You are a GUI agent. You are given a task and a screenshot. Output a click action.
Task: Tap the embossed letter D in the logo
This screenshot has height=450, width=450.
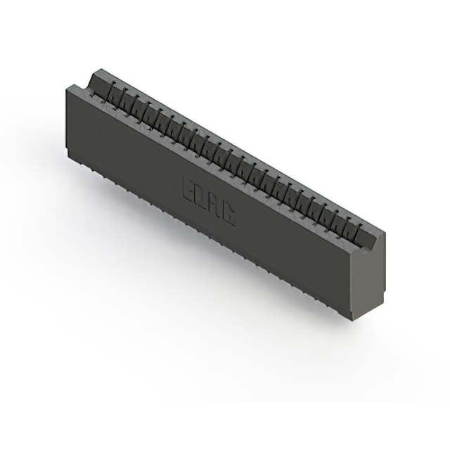point(201,198)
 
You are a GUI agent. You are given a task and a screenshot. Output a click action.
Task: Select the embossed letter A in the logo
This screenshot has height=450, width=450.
point(214,207)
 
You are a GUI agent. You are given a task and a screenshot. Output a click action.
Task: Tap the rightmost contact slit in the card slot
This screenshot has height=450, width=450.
point(359,227)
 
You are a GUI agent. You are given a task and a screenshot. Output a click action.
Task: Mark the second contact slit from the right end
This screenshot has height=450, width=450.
point(347,221)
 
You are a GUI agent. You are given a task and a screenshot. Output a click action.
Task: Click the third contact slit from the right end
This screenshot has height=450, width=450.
point(335,214)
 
